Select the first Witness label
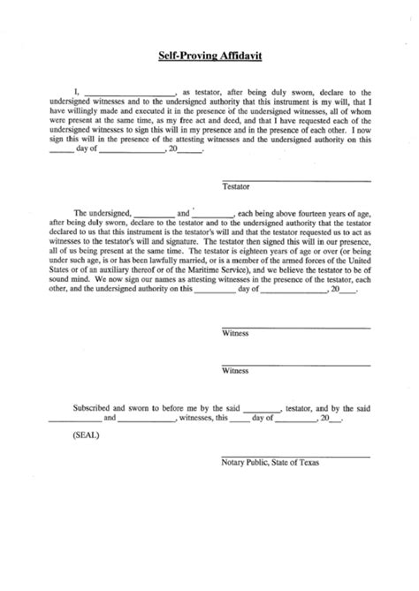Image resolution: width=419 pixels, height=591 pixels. tap(235, 335)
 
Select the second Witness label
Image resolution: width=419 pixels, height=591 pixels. tap(235, 371)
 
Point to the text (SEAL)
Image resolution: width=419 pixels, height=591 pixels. tap(87, 435)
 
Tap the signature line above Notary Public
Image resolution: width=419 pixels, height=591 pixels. tap(294, 456)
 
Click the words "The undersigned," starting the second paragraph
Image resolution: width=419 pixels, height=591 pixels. tap(103, 213)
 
